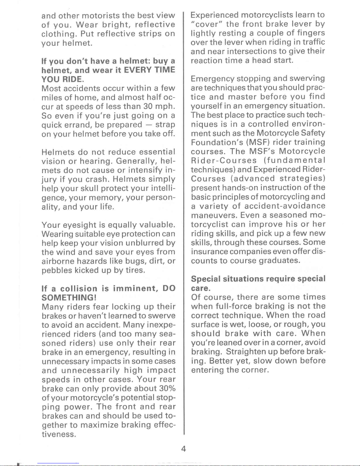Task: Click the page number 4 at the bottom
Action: [183, 449]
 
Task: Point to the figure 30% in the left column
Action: [167, 388]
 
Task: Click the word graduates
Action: [279, 261]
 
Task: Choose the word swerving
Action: [307, 78]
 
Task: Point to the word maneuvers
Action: [214, 215]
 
